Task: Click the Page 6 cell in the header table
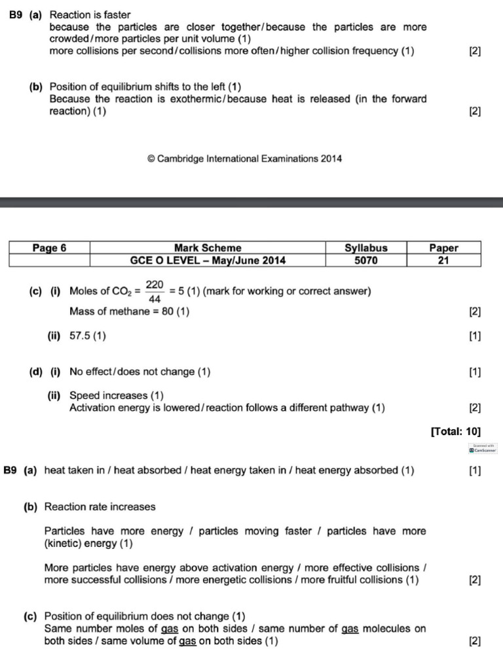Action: click(x=49, y=248)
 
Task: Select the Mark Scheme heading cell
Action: click(x=208, y=248)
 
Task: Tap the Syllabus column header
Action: click(x=366, y=248)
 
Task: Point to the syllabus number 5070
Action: click(x=366, y=260)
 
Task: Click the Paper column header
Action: click(x=443, y=248)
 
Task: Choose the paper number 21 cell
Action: click(x=443, y=260)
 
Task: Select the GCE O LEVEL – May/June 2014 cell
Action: click(x=208, y=260)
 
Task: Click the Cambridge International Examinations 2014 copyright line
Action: click(x=244, y=158)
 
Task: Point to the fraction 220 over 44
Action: click(x=155, y=292)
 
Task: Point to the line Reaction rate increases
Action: click(x=100, y=506)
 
